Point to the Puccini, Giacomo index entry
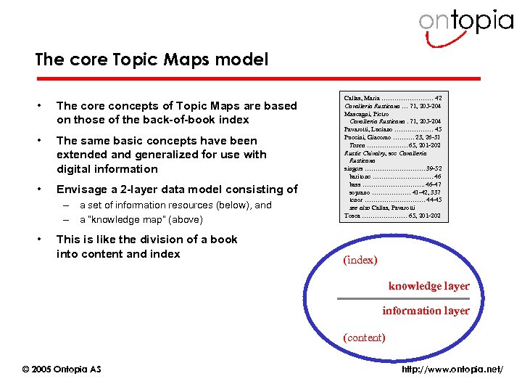point(368,137)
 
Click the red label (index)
point(360,259)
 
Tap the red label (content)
point(364,338)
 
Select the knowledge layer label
point(428,286)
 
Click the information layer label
point(426,311)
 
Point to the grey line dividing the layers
point(403,299)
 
